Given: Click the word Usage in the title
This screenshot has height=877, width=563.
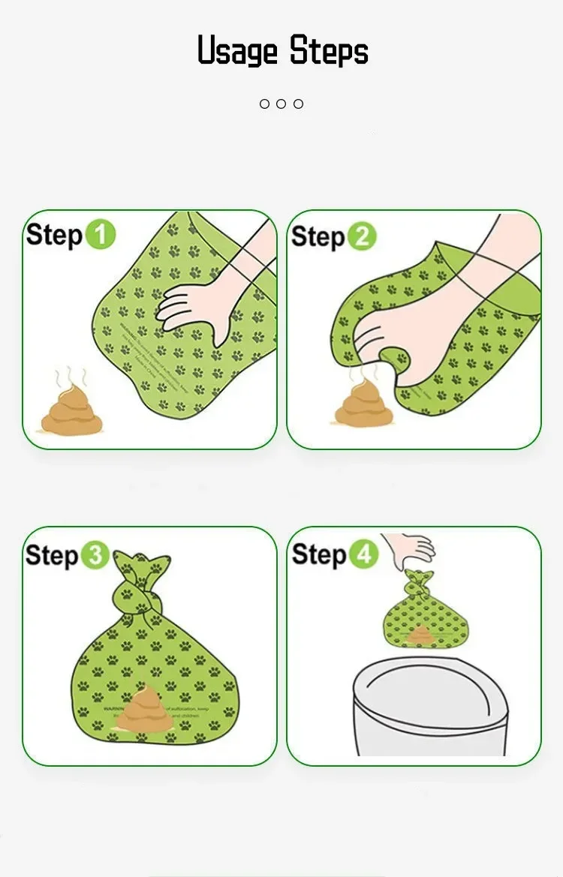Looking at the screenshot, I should pyautogui.click(x=238, y=51).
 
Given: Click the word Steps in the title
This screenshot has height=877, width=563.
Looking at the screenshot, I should pyautogui.click(x=329, y=51).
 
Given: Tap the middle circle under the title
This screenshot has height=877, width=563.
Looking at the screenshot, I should pyautogui.click(x=281, y=104).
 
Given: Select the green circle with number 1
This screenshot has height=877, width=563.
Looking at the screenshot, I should pyautogui.click(x=100, y=234).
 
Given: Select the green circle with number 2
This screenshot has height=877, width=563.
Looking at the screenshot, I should pyautogui.click(x=362, y=236).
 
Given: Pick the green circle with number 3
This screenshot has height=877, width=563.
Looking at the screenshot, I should pyautogui.click(x=95, y=556).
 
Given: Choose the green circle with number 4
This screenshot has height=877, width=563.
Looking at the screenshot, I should pyautogui.click(x=363, y=555).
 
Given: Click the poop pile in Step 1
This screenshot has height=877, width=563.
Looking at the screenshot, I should pyautogui.click(x=71, y=412).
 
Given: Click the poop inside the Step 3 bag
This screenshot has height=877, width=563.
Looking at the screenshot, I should pyautogui.click(x=143, y=710).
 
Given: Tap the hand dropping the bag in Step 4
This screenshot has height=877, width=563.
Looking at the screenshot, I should pyautogui.click(x=411, y=547).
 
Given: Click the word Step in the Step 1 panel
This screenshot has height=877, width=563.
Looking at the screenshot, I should pyautogui.click(x=54, y=235).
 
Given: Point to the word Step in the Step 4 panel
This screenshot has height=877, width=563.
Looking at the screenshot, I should pyautogui.click(x=319, y=555).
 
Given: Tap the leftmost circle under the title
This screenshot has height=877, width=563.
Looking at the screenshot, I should pyautogui.click(x=264, y=104).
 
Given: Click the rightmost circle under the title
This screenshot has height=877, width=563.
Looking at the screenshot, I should pyautogui.click(x=298, y=104).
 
